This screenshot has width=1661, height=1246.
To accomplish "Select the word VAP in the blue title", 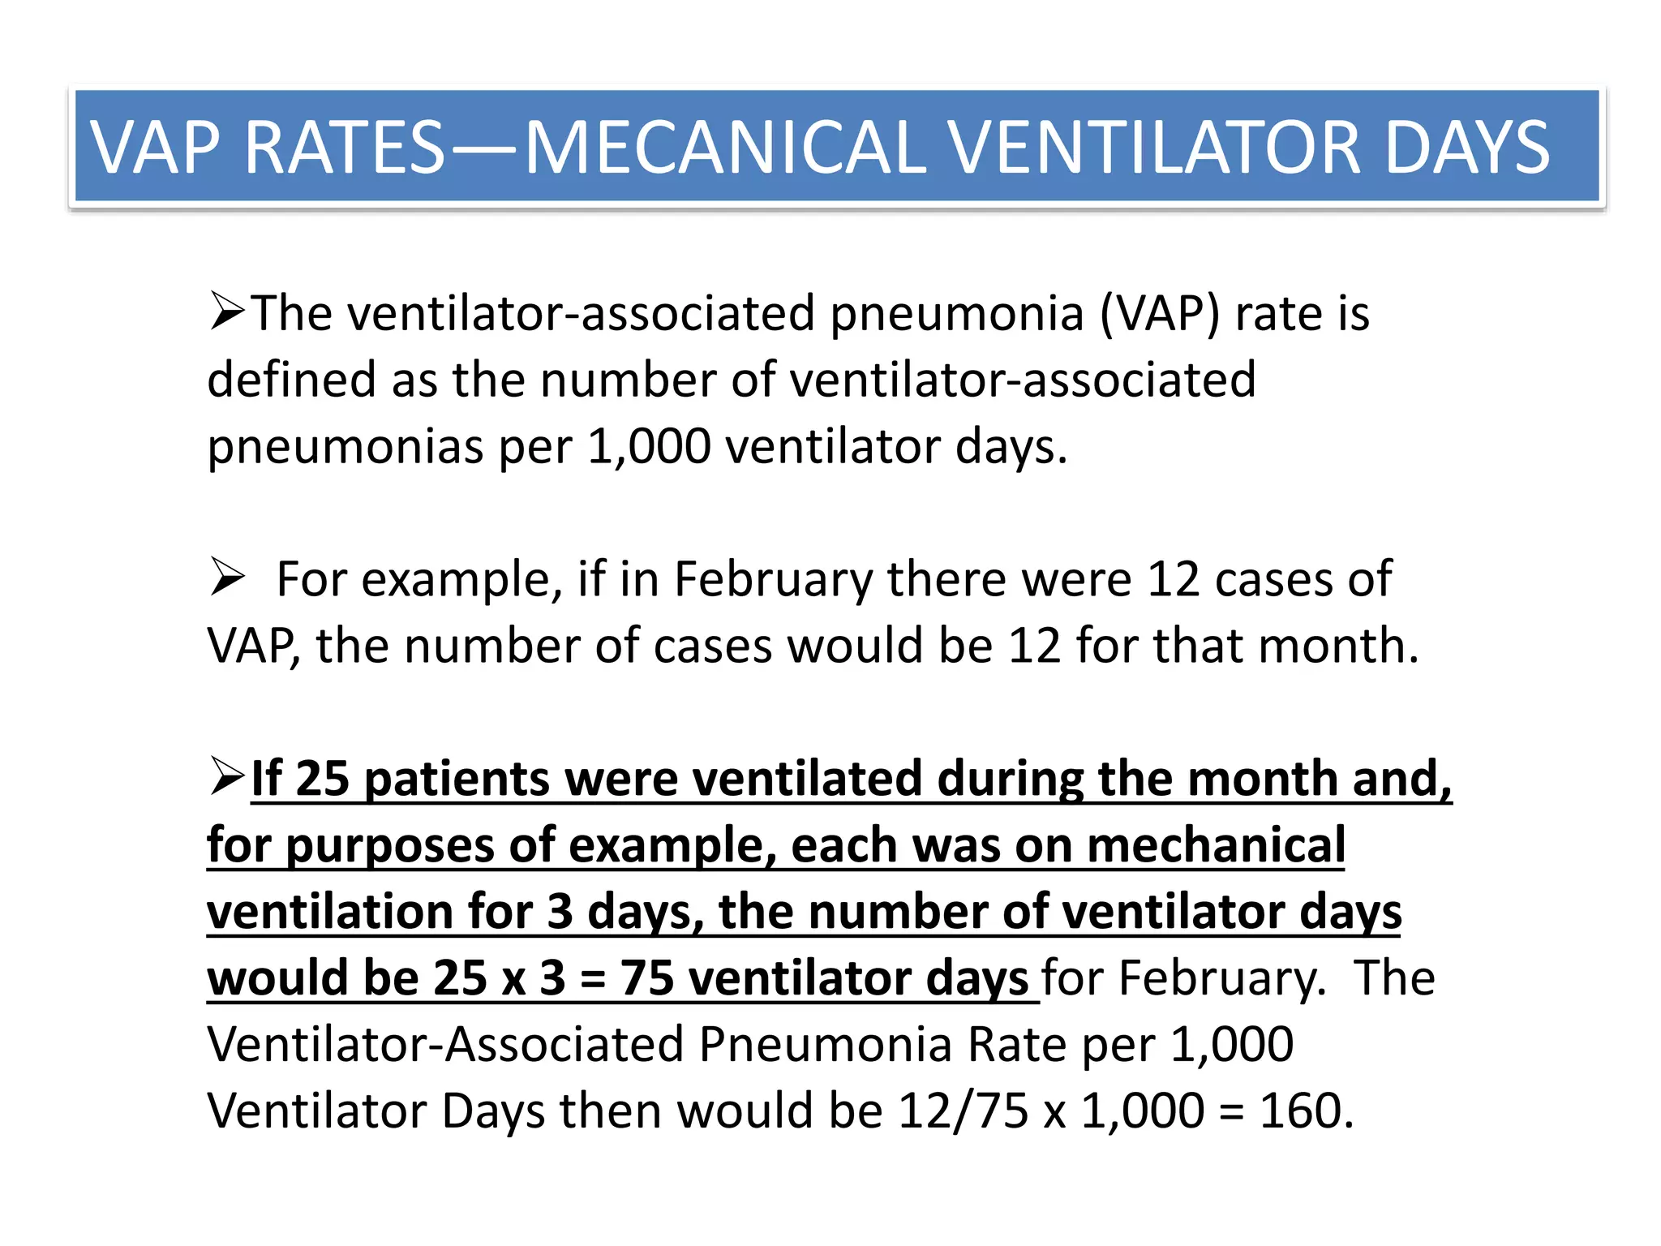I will pyautogui.click(x=154, y=148).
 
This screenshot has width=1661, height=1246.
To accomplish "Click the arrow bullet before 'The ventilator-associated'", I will pyautogui.click(x=226, y=311).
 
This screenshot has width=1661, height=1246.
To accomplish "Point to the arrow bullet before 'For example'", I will pyautogui.click(x=226, y=577).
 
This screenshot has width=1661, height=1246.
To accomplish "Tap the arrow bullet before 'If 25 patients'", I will pyautogui.click(x=226, y=776).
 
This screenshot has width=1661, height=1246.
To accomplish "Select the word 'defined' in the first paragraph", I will pyautogui.click(x=292, y=380).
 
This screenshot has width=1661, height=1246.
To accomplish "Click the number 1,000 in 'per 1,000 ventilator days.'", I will pyautogui.click(x=649, y=446).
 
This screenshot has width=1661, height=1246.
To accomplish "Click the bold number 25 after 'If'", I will pyautogui.click(x=323, y=779).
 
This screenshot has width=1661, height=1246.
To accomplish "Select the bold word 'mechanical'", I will pyautogui.click(x=1216, y=845).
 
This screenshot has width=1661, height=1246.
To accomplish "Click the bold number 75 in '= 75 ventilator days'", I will pyautogui.click(x=647, y=977).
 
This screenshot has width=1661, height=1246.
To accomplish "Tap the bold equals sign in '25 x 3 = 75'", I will pyautogui.click(x=593, y=979).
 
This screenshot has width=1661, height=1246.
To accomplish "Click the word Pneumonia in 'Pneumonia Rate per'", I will pyautogui.click(x=825, y=1044).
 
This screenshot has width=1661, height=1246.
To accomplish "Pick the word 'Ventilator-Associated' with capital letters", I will pyautogui.click(x=445, y=1044).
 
